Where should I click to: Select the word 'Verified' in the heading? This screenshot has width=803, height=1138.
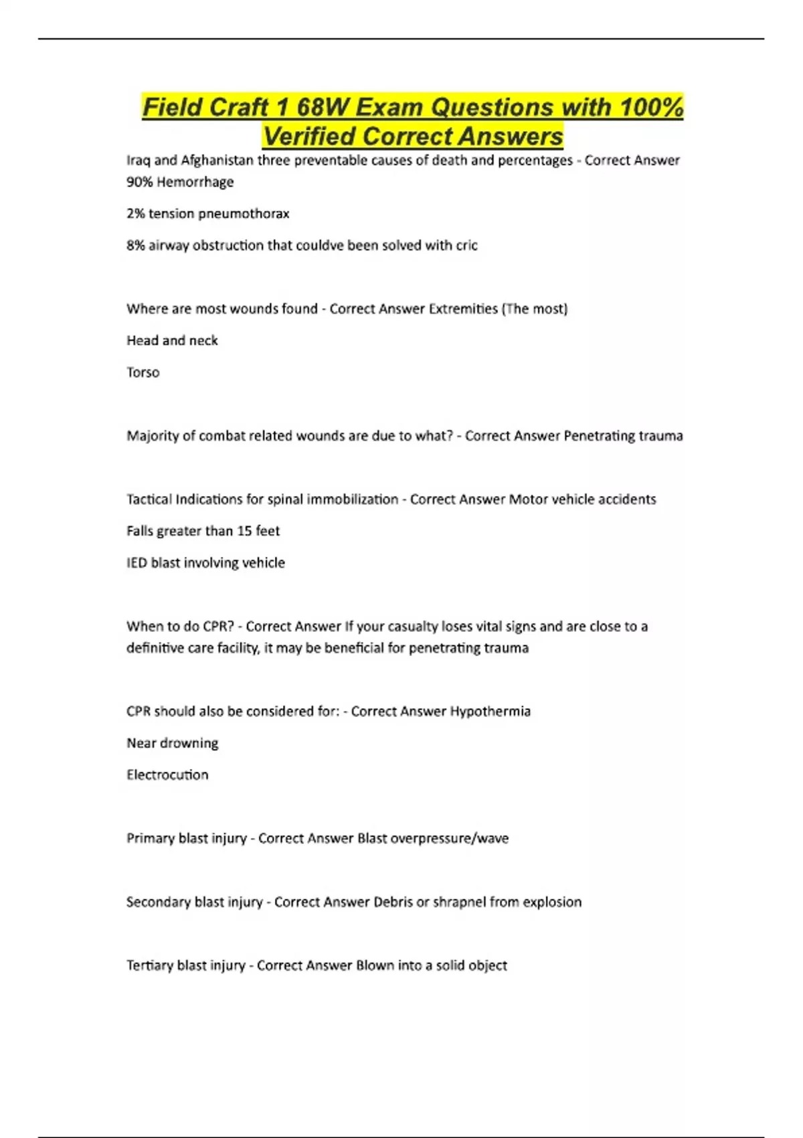point(308,137)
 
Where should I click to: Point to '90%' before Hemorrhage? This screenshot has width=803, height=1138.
point(139,182)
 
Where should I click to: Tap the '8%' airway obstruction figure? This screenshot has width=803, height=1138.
point(135,246)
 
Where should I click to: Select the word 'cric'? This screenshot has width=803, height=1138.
point(466,246)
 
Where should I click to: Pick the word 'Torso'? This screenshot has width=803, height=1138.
point(143,372)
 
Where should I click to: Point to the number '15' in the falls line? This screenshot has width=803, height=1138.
point(244,531)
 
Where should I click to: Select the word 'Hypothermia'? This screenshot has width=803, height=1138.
point(490,712)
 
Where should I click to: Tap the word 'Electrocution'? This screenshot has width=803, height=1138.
point(167,775)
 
